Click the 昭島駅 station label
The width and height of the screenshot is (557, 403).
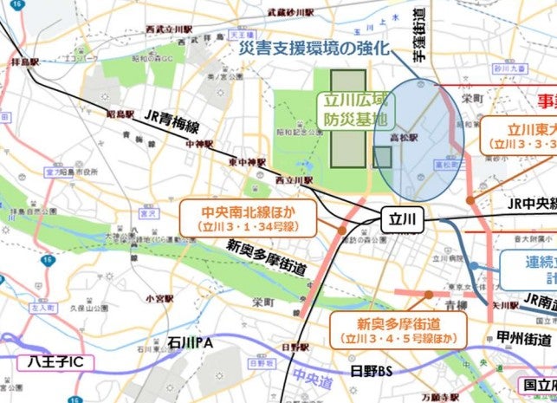point(119,114)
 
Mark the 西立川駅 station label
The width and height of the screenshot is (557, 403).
point(293,179)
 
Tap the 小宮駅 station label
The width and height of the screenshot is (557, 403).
point(158,297)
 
